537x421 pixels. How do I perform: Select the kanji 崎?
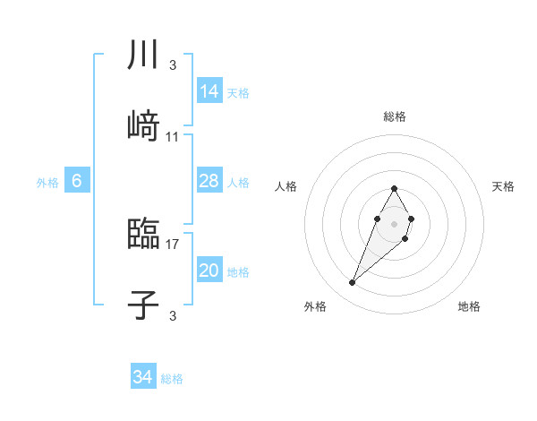click(143, 125)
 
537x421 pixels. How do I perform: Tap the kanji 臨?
click(143, 234)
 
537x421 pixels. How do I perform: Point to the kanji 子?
click(143, 305)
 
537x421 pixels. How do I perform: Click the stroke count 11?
click(173, 137)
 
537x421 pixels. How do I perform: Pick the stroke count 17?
click(173, 243)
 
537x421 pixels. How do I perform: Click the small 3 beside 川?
click(173, 64)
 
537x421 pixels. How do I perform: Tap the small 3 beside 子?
click(173, 314)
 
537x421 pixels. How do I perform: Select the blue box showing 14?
click(209, 91)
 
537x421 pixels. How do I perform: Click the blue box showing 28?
click(209, 181)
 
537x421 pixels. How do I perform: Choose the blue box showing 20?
click(209, 271)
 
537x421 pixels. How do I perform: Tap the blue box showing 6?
click(77, 181)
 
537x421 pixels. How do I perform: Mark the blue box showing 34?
click(143, 377)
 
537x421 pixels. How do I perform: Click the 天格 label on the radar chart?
click(503, 186)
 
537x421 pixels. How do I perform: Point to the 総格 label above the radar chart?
click(395, 116)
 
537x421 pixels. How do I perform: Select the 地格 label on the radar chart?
click(469, 306)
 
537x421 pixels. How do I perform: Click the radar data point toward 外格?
click(353, 283)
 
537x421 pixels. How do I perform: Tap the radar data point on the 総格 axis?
click(394, 188)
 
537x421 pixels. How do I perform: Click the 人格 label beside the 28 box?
click(238, 183)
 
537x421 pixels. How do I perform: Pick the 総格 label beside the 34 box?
click(172, 379)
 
